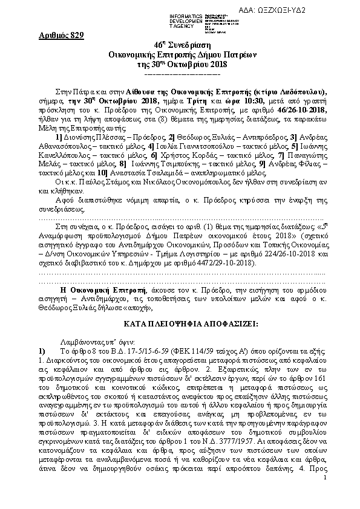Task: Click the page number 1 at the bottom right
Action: click(x=325, y=495)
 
